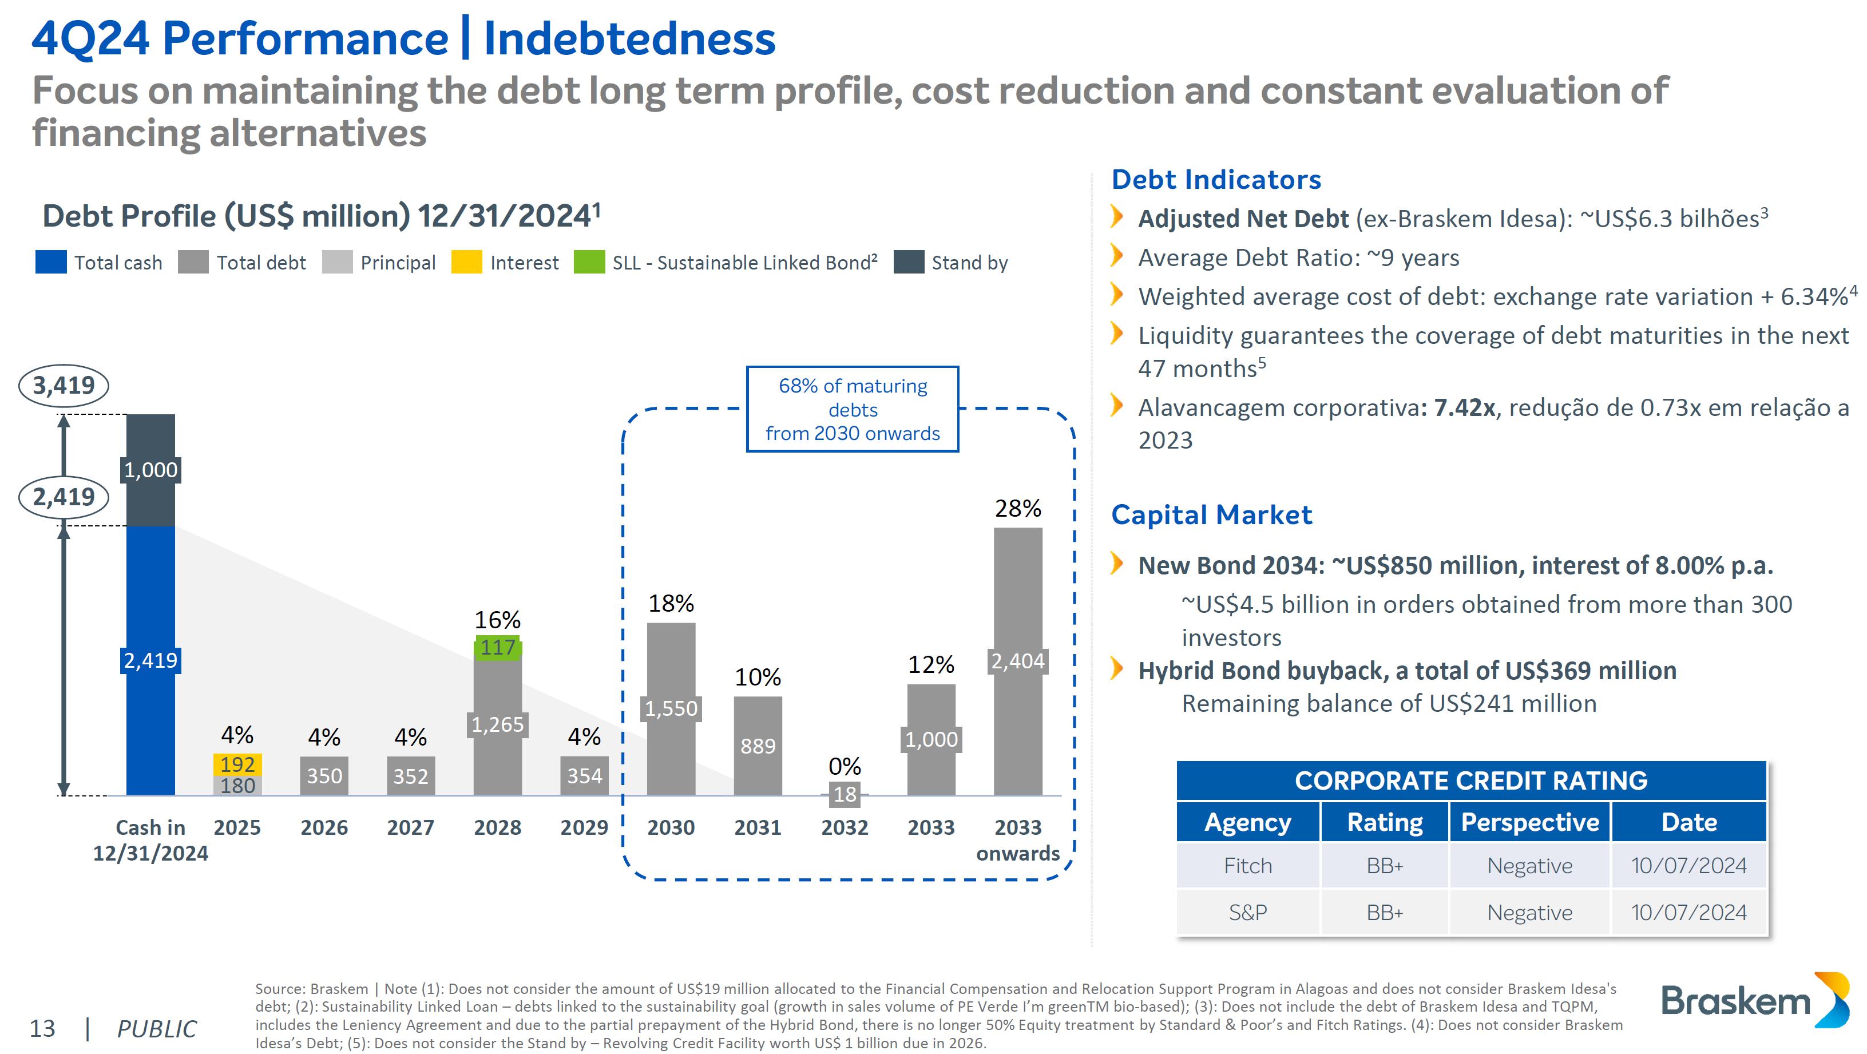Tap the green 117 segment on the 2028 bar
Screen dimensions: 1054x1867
point(497,647)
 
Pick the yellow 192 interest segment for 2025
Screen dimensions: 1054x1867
point(237,764)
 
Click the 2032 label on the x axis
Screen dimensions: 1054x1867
point(845,827)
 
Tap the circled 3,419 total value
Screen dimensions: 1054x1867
point(64,385)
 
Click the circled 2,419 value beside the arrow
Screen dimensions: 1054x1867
point(64,497)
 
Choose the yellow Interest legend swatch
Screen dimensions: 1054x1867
point(466,261)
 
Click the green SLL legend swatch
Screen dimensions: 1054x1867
point(589,261)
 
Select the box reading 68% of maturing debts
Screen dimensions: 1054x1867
point(853,410)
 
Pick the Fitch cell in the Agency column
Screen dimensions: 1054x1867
point(1247,866)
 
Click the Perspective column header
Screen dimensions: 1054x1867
point(1529,822)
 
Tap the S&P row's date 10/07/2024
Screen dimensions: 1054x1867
point(1688,912)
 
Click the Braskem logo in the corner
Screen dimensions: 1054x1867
point(1754,1000)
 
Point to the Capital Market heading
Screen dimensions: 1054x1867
point(1211,514)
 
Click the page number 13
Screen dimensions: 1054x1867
point(42,1028)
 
